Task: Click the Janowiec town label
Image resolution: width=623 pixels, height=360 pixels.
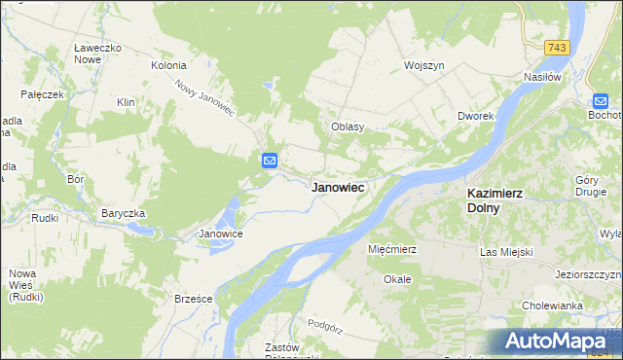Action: (x=338, y=187)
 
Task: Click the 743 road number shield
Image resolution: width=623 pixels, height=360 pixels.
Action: (x=556, y=48)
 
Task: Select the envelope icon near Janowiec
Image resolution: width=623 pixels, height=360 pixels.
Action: (x=270, y=161)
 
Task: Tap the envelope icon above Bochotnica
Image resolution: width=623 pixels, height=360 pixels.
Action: (x=602, y=99)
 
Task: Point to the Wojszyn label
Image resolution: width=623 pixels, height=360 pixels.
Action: (x=424, y=65)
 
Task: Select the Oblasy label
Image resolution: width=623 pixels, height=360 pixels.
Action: (x=348, y=126)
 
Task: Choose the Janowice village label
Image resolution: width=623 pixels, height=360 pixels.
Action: (x=220, y=234)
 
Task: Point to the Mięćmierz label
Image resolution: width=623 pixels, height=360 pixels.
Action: (x=392, y=249)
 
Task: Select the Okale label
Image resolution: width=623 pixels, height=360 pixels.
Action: (x=397, y=279)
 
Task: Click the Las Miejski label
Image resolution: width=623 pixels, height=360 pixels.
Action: (x=507, y=252)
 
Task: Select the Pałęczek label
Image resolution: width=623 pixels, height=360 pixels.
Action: (x=44, y=94)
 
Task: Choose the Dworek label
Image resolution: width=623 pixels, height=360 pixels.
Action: (x=477, y=116)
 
